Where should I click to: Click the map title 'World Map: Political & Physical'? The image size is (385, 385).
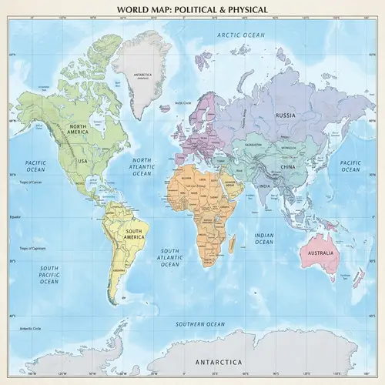tap(192, 10)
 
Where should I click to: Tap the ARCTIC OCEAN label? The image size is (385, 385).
tap(240, 35)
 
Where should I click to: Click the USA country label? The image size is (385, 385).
tap(82, 161)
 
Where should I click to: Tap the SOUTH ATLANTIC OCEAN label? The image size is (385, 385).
tap(169, 258)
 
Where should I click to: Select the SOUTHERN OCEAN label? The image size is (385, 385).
tap(200, 323)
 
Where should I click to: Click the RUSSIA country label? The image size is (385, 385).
tap(286, 117)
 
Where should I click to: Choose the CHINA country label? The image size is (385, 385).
tap(286, 166)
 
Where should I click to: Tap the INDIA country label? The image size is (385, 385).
tap(264, 186)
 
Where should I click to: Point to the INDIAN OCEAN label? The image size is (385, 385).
tap(264, 238)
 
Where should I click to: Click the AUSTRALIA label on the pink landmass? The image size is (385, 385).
tap(320, 253)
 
